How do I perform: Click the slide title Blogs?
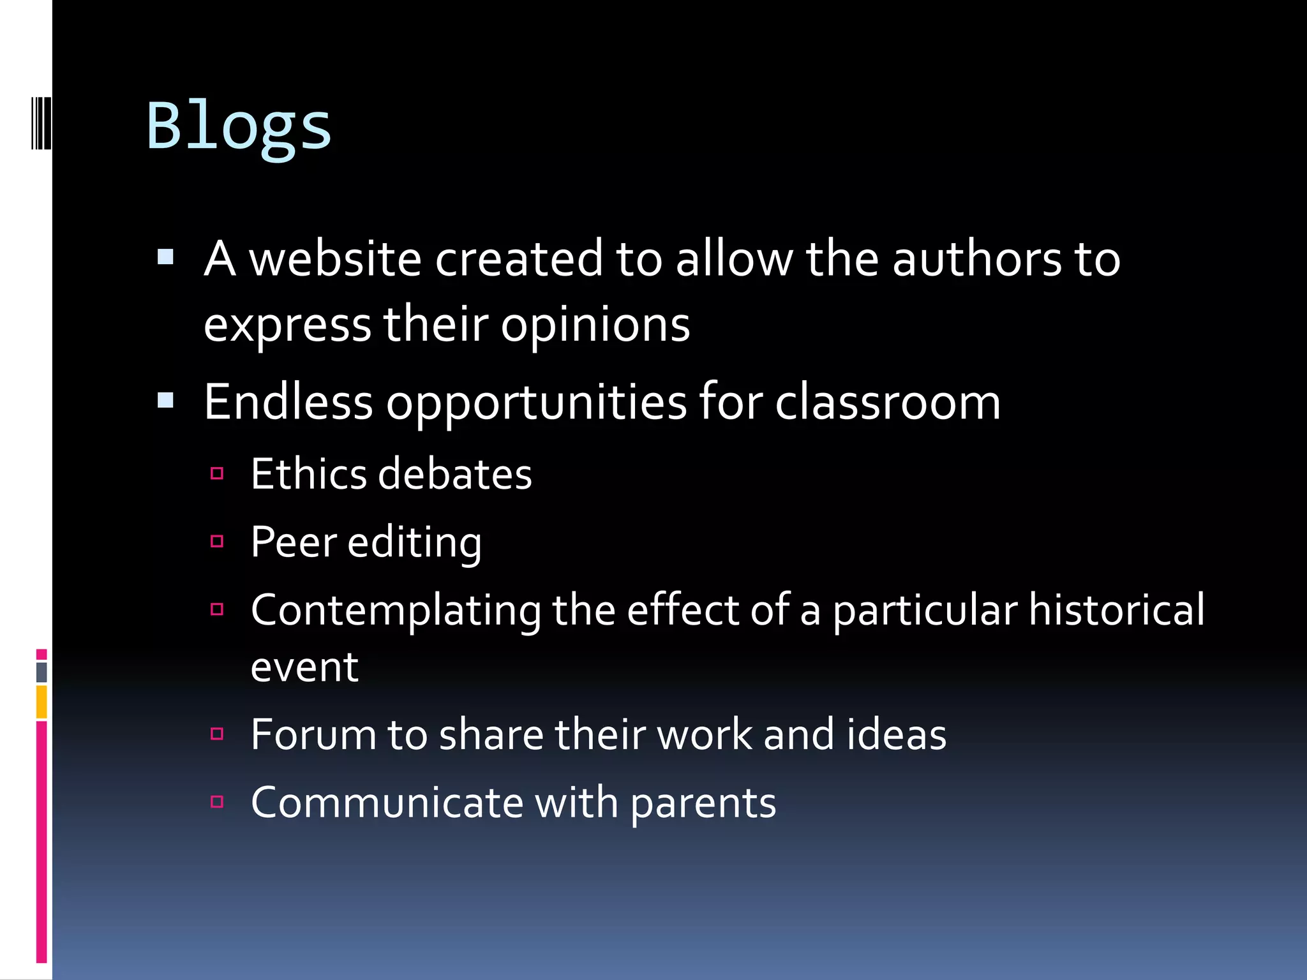click(x=239, y=126)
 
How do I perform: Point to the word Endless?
click(x=288, y=402)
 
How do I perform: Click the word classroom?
click(x=888, y=403)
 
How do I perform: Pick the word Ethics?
click(x=308, y=474)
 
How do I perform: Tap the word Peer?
click(x=294, y=542)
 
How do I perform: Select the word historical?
click(x=1117, y=610)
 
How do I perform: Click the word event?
click(x=304, y=667)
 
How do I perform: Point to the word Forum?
click(x=312, y=734)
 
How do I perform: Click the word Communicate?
click(x=387, y=803)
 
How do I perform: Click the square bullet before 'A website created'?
click(x=166, y=257)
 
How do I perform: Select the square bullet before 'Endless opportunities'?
click(x=166, y=401)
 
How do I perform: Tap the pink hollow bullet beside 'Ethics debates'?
click(x=217, y=473)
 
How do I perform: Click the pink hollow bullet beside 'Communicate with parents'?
click(x=217, y=801)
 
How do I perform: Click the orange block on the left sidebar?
click(x=41, y=702)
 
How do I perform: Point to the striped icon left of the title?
click(x=41, y=122)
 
